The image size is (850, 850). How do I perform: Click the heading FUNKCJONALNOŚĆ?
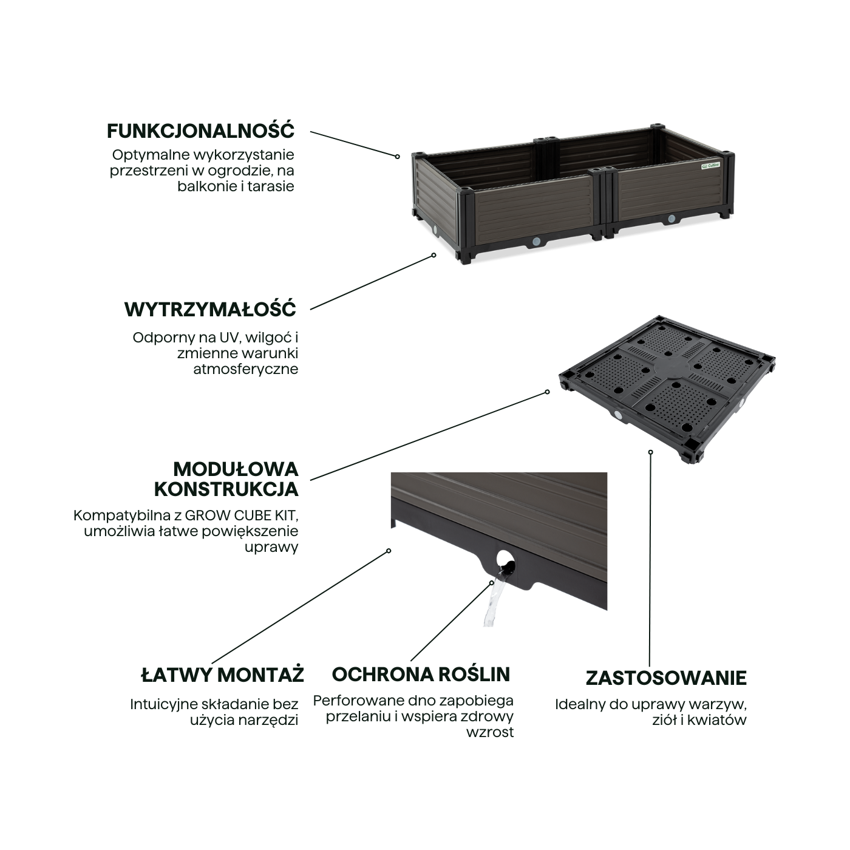pos(201,131)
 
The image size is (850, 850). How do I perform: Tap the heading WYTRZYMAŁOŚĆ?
pos(210,309)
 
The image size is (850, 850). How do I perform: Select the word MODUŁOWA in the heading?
pos(236,469)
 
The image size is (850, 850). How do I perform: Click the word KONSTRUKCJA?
pos(226,489)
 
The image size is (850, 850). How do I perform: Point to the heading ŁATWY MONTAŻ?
pos(222,675)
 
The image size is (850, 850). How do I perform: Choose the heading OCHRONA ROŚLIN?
pos(421,675)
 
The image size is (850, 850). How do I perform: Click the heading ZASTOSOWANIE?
pos(666,678)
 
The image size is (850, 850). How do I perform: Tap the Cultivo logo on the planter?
pos(710,165)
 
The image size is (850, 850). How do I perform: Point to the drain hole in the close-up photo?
pos(504,560)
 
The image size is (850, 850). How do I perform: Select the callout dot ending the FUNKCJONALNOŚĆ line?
pos(398,157)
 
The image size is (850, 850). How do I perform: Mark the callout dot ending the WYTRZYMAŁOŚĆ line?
pos(433,256)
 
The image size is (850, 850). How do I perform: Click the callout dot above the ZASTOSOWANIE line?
pos(651,452)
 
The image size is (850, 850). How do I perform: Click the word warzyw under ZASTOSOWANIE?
pos(722,705)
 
